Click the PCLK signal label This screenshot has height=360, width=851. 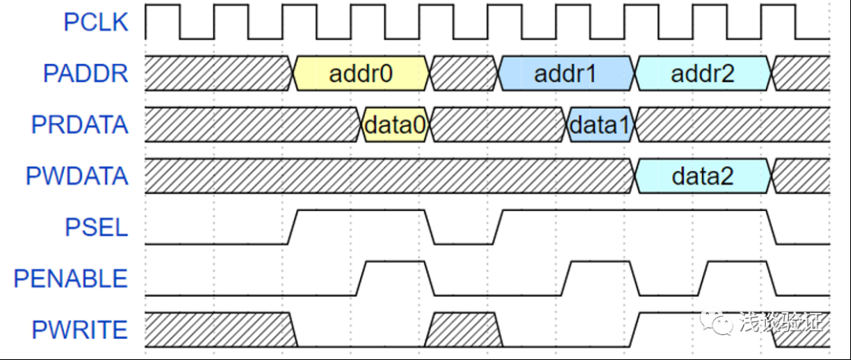pyautogui.click(x=95, y=22)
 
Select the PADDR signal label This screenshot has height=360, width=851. pyautogui.click(x=85, y=73)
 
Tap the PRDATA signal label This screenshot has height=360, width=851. pyautogui.click(x=79, y=124)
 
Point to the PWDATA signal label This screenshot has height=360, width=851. pyautogui.click(x=76, y=176)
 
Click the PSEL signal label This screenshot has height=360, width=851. pyautogui.click(x=96, y=227)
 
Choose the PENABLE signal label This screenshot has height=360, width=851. pyautogui.click(x=70, y=278)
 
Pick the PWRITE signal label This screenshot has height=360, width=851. pyautogui.click(x=79, y=329)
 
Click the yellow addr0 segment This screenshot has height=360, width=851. pyautogui.click(x=362, y=74)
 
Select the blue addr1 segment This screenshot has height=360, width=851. pyautogui.click(x=566, y=74)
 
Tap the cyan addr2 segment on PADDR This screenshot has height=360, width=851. pyautogui.click(x=703, y=74)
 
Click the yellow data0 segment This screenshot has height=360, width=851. pyautogui.click(x=396, y=125)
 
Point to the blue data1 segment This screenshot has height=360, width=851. pyautogui.click(x=600, y=125)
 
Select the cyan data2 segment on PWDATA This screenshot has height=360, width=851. pyautogui.click(x=703, y=176)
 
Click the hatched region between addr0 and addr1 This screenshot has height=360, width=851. pyautogui.click(x=464, y=74)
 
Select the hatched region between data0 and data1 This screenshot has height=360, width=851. pyautogui.click(x=498, y=125)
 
